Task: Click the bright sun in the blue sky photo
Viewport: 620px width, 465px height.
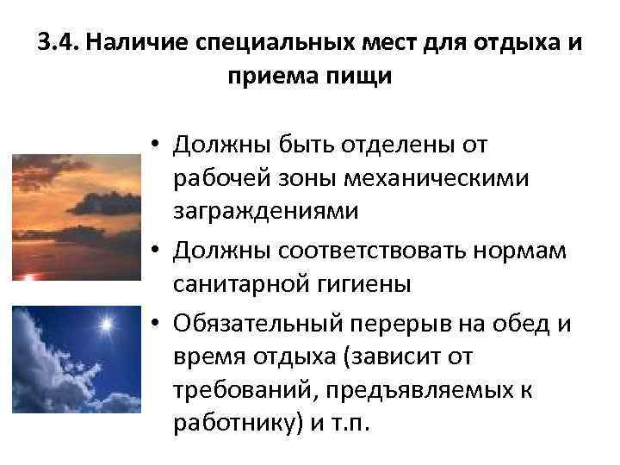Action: click(x=107, y=325)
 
